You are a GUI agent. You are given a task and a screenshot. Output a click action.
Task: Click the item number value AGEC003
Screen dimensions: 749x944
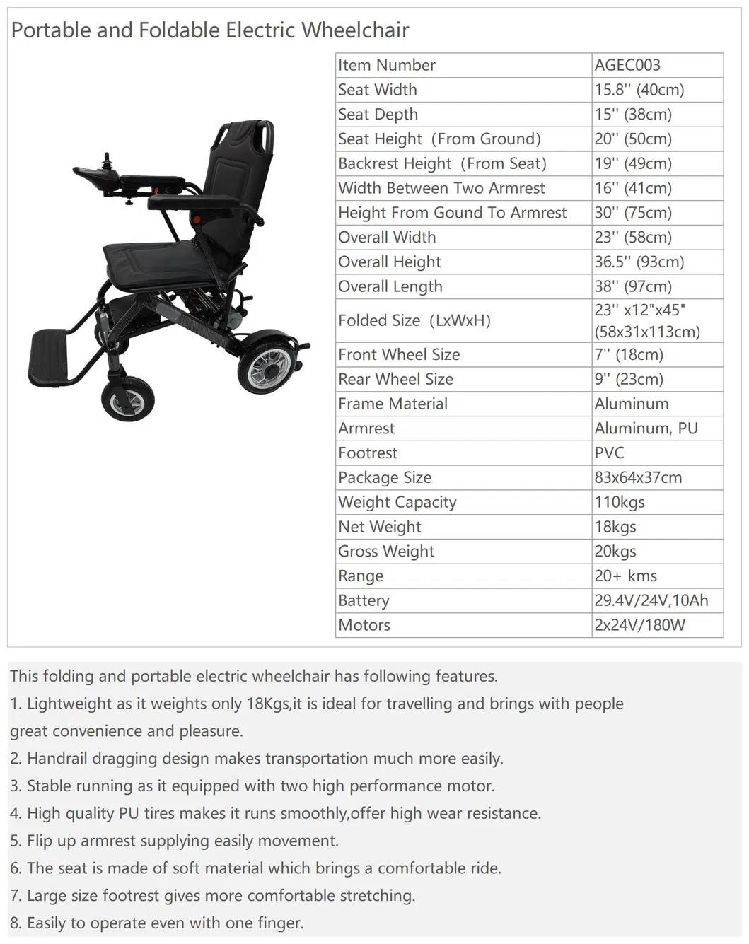[x=627, y=65]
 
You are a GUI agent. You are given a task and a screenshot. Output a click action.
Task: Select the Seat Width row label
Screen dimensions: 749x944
[x=378, y=90]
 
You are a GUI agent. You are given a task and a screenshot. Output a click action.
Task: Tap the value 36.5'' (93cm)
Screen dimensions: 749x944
[x=639, y=262]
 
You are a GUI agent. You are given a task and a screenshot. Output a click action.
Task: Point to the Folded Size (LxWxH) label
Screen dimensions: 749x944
[x=414, y=320]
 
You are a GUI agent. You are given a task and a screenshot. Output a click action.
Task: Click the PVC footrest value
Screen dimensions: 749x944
[x=610, y=453]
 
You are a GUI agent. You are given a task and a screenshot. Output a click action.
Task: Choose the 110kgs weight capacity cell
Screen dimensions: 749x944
[x=620, y=502]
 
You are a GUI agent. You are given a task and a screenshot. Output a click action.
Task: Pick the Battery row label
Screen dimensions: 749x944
[x=364, y=600]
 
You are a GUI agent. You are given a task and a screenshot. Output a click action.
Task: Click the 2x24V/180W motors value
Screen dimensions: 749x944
[x=640, y=625]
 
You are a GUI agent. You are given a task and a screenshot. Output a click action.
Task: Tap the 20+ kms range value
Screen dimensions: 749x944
[x=626, y=576]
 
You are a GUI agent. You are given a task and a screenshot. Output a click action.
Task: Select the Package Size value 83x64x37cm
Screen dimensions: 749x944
[x=639, y=477]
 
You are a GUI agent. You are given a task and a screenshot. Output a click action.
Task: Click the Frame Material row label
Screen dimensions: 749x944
[x=393, y=404]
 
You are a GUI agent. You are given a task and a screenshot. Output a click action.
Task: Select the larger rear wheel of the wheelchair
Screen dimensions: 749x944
[x=265, y=365]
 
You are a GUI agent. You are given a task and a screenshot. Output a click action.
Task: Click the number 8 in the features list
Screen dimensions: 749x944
[x=15, y=923]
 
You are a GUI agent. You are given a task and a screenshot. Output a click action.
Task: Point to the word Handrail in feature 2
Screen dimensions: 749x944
[x=57, y=759]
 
